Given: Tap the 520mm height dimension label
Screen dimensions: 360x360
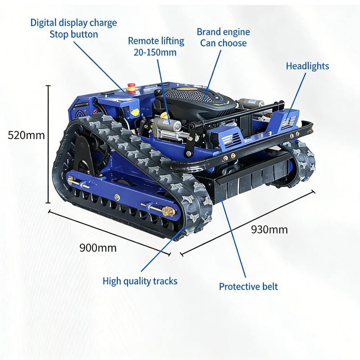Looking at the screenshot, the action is (x=26, y=135).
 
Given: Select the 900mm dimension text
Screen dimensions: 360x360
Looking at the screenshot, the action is (x=98, y=248).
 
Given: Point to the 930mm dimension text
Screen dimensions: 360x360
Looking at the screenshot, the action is (x=269, y=229).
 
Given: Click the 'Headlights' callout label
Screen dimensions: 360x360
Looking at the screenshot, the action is (x=307, y=66).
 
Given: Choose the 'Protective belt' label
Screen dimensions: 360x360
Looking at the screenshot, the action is (x=248, y=287).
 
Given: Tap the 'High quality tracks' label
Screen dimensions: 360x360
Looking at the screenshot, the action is (x=140, y=281).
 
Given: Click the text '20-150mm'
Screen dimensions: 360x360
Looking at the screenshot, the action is (x=155, y=52).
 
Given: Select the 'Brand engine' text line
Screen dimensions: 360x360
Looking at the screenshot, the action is (x=223, y=32).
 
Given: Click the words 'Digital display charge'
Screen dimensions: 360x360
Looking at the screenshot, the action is (x=74, y=23).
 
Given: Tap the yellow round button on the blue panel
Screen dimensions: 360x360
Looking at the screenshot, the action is (x=135, y=112).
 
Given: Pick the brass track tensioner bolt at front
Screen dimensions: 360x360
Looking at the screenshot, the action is (x=168, y=211).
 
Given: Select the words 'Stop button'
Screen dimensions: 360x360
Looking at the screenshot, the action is (x=74, y=35).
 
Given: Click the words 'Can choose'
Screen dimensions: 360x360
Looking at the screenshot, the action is (x=223, y=43).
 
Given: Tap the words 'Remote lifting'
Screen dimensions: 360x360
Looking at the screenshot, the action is (x=156, y=41).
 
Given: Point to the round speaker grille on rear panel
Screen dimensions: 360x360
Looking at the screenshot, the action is (x=80, y=115).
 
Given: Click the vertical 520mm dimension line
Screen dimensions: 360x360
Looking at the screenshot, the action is (x=48, y=144).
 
